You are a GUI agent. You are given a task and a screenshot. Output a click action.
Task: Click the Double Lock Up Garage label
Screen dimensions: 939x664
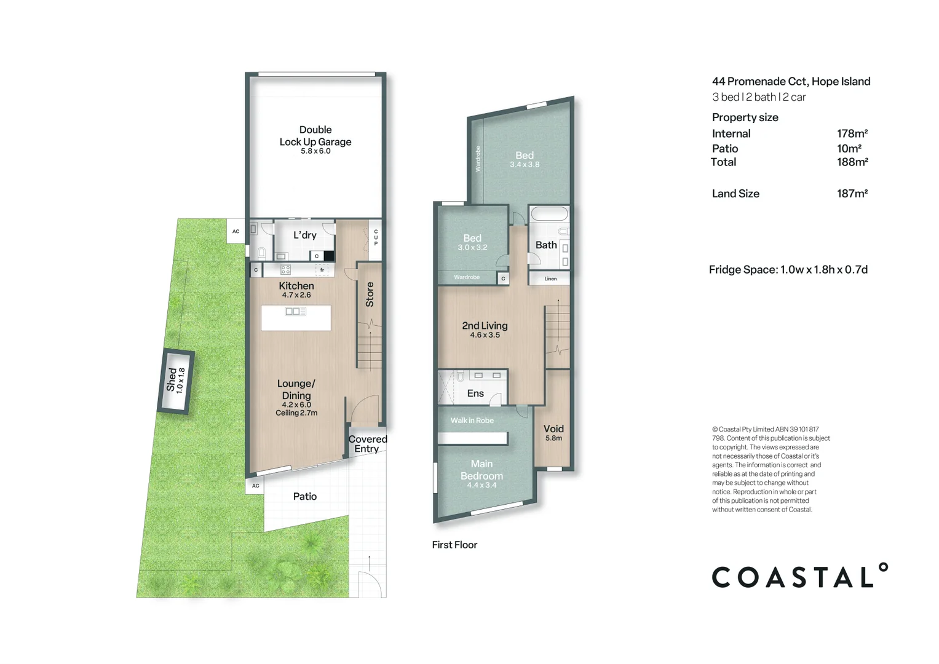click(315, 136)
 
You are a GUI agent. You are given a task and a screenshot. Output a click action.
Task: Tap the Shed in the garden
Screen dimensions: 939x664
click(176, 381)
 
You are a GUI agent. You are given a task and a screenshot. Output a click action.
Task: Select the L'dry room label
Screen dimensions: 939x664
click(305, 235)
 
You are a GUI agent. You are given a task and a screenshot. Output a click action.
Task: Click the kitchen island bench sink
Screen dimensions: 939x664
click(296, 312)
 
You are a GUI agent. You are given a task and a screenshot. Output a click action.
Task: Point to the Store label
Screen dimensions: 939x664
click(370, 294)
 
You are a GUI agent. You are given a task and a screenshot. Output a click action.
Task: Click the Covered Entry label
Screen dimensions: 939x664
click(368, 443)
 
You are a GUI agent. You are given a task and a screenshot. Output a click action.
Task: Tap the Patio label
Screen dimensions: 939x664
click(305, 496)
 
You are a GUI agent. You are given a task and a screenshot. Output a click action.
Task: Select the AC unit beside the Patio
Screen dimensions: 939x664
click(255, 486)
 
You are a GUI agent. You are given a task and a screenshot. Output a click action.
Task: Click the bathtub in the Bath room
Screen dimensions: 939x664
click(549, 214)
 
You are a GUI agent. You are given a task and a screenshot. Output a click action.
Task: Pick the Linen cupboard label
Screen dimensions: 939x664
click(550, 279)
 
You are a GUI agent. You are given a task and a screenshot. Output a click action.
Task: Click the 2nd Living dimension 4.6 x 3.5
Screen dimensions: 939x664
click(485, 335)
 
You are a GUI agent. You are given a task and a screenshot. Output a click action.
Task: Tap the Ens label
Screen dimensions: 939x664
click(475, 393)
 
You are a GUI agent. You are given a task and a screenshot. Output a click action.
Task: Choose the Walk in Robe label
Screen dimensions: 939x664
click(472, 421)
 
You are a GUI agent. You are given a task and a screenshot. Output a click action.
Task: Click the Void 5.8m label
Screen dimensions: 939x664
click(554, 433)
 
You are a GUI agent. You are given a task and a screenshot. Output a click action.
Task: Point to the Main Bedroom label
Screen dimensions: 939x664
click(481, 470)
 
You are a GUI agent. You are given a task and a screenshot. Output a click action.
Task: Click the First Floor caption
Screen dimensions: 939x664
click(454, 545)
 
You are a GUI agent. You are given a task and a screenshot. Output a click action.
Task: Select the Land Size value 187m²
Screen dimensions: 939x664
click(852, 193)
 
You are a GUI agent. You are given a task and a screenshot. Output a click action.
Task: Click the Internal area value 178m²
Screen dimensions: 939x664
click(852, 133)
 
